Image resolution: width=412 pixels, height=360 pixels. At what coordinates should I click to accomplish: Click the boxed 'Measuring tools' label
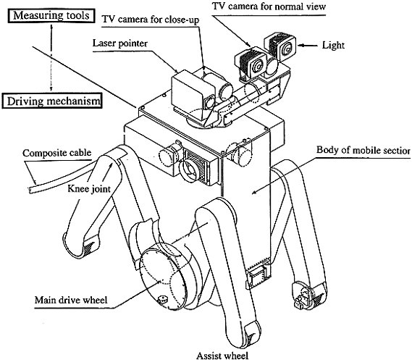tap(51, 16)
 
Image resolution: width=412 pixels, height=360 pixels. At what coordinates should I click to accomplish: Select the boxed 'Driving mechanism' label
tap(51, 101)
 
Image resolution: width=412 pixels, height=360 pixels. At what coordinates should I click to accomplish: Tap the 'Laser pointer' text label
tap(120, 43)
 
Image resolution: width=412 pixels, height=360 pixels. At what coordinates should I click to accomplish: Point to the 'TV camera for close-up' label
tap(151, 20)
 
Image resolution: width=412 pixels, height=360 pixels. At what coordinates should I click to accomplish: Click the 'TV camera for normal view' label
tap(269, 6)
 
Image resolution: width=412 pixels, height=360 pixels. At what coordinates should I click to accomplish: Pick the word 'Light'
tap(333, 46)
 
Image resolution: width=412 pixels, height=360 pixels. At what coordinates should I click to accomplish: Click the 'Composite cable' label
tap(57, 153)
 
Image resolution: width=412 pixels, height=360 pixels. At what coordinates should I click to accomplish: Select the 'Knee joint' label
tap(89, 188)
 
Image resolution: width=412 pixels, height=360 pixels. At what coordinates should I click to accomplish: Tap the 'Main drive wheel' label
tap(71, 300)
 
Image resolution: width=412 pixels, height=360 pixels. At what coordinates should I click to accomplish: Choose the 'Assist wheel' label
tap(222, 356)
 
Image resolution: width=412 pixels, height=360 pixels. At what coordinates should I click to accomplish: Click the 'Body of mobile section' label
tap(363, 150)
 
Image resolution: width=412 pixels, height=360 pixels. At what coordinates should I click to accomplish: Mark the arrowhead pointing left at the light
tap(302, 46)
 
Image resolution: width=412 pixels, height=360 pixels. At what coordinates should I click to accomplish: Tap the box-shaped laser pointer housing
tap(190, 90)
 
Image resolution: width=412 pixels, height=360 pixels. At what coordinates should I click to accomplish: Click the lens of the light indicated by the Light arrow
tap(287, 49)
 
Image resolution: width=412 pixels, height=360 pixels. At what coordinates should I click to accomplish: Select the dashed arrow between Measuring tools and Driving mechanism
tap(51, 58)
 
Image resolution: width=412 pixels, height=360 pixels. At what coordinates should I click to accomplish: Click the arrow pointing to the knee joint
tap(108, 172)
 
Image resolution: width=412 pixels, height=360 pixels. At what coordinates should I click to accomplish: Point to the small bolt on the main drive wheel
tap(163, 300)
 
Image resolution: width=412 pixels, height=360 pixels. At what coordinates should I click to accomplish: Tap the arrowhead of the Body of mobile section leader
tap(254, 192)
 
